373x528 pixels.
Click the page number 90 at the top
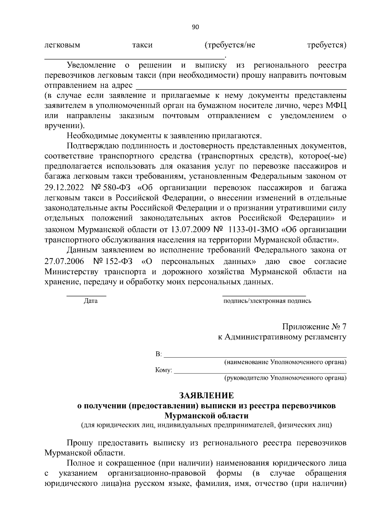coord(196,27)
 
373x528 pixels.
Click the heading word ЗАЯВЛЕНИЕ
coord(206,396)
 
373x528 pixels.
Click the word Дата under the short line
coord(90,301)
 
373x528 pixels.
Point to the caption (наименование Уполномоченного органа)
coord(285,362)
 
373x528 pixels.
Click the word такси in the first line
coord(142,45)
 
